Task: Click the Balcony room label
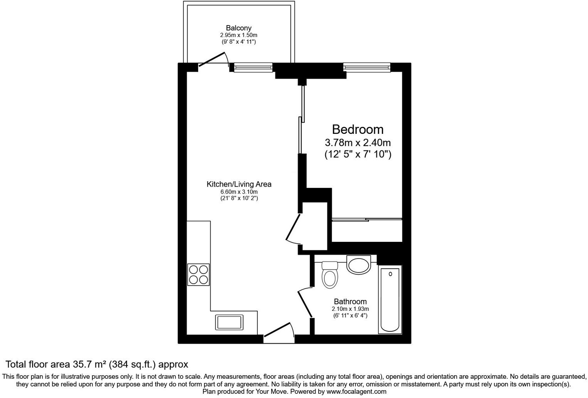[x=239, y=28]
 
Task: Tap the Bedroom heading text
[x=358, y=129]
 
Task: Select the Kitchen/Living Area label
[x=239, y=184]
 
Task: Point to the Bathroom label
[x=350, y=302]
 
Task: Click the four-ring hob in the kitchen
[x=198, y=274]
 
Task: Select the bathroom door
[x=305, y=303]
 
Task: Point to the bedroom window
[x=367, y=67]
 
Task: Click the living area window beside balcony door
[x=253, y=67]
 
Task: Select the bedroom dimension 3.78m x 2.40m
[x=358, y=143]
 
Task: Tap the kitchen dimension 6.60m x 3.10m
[x=239, y=192]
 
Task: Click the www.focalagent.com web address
[x=356, y=391]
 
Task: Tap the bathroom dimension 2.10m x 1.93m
[x=350, y=309]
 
